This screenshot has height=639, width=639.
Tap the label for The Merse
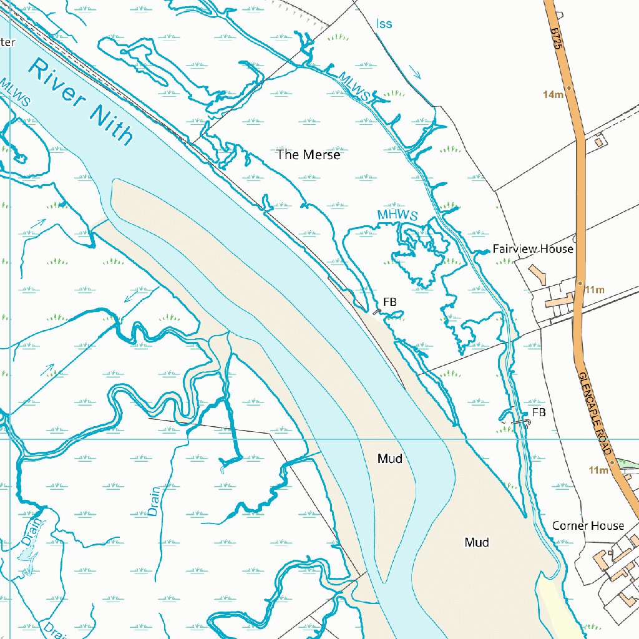pyautogui.click(x=308, y=155)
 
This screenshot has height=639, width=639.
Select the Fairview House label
pyautogui.click(x=532, y=249)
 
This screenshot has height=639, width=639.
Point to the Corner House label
pyautogui.click(x=588, y=526)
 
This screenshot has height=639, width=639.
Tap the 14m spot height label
pyautogui.click(x=553, y=94)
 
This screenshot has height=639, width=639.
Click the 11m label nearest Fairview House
pyautogui.click(x=595, y=290)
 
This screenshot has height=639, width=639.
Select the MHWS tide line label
pyautogui.click(x=397, y=215)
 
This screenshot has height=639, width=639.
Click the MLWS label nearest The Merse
pyautogui.click(x=354, y=85)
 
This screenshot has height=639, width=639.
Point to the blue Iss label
pyautogui.click(x=384, y=24)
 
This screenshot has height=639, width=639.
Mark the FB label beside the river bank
pyautogui.click(x=390, y=302)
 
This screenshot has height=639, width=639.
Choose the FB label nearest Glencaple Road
pyautogui.click(x=539, y=412)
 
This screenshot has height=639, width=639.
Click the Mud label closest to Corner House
pyautogui.click(x=477, y=542)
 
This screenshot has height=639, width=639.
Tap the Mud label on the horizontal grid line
pyautogui.click(x=389, y=459)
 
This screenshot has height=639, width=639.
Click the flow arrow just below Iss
pyautogui.click(x=416, y=72)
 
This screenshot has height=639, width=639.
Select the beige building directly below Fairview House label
pyautogui.click(x=536, y=273)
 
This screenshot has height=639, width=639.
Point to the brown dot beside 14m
pyautogui.click(x=568, y=88)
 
